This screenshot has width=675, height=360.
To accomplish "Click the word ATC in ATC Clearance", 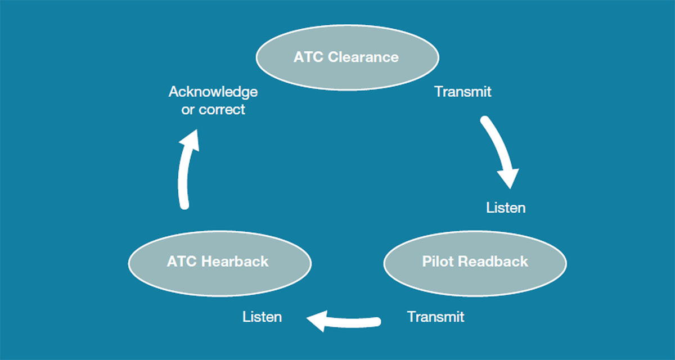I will [309, 57].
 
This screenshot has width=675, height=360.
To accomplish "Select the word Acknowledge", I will [213, 92].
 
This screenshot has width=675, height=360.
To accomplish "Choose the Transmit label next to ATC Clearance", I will [463, 92].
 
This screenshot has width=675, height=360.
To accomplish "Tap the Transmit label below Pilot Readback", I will [436, 317].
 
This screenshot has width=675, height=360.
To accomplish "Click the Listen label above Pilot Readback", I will [506, 208].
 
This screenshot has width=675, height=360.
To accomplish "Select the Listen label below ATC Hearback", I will [262, 317].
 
